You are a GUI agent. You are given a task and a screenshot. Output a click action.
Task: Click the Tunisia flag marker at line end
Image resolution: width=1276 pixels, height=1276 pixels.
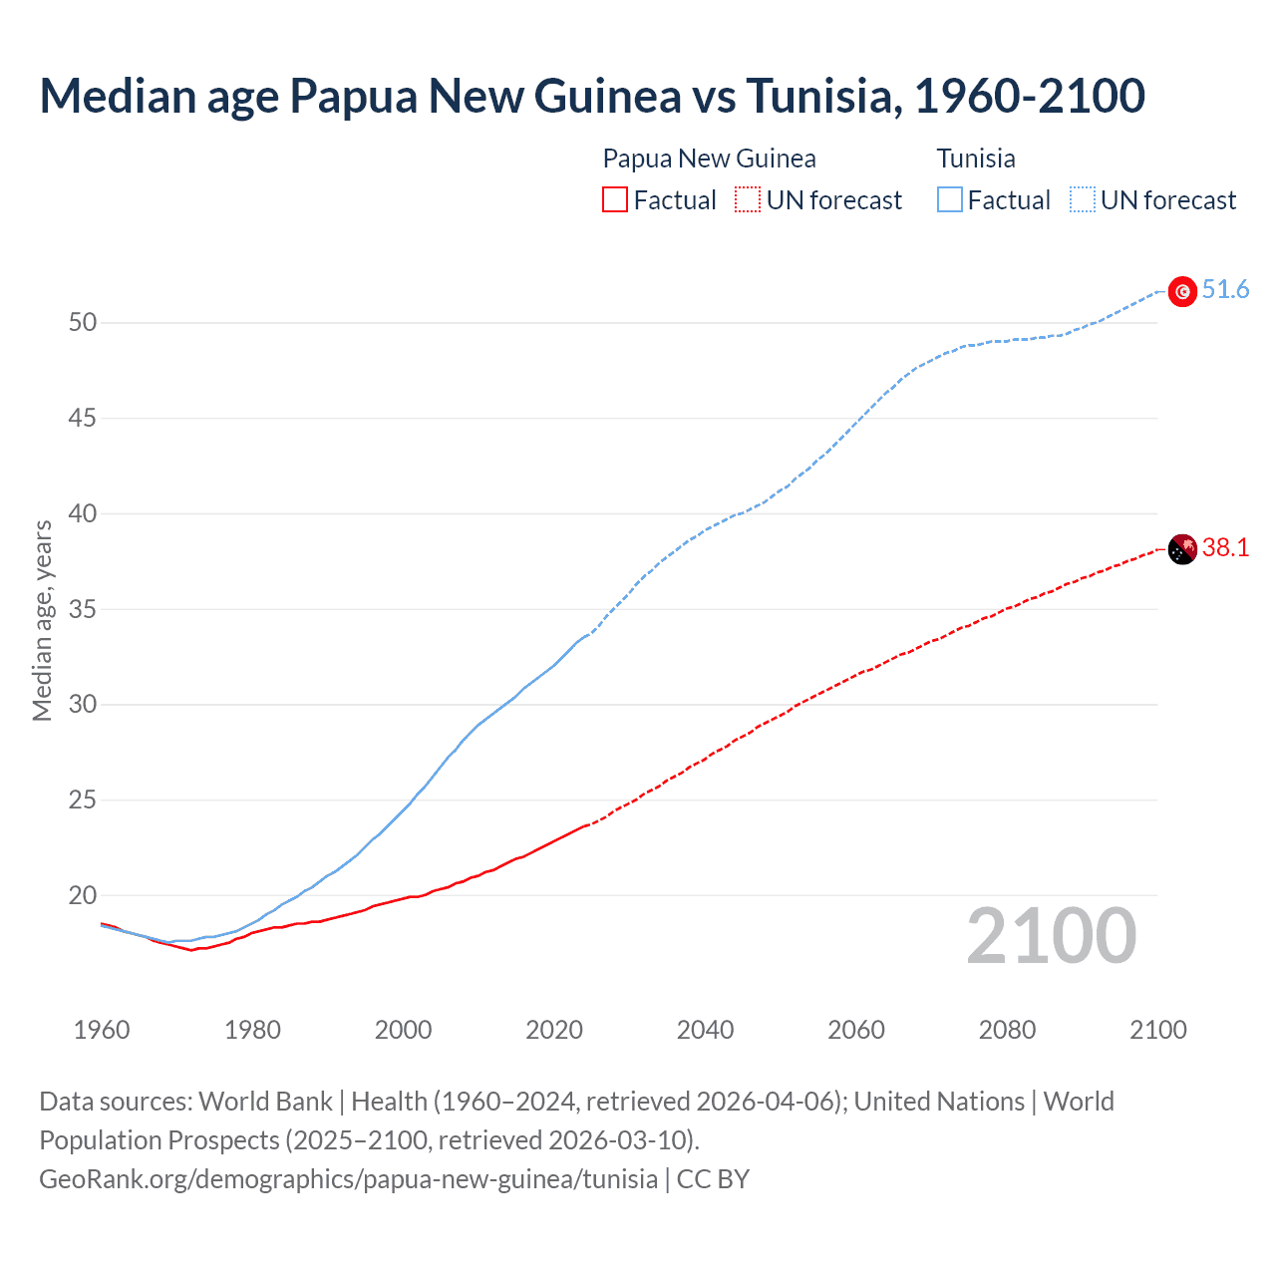[1182, 291]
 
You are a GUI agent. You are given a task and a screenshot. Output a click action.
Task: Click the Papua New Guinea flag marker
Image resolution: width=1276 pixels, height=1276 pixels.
[1182, 549]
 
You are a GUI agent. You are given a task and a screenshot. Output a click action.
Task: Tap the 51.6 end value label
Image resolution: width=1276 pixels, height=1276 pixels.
[1225, 289]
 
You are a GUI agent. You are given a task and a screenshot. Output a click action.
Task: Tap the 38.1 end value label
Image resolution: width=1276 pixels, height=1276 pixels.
[1225, 547]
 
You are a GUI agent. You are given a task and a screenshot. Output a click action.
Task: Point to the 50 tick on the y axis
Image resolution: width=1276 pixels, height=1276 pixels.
[83, 322]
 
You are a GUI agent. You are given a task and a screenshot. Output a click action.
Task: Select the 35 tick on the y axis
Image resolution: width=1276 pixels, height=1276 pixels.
[83, 609]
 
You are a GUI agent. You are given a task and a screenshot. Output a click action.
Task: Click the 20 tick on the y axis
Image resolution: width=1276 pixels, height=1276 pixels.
[83, 895]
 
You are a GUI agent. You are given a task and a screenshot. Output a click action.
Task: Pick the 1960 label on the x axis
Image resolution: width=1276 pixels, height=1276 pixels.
[102, 1030]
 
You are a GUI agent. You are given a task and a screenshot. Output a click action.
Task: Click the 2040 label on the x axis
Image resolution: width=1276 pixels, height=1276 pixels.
[705, 1030]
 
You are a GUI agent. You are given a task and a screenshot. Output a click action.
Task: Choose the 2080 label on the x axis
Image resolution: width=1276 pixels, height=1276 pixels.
[1007, 1030]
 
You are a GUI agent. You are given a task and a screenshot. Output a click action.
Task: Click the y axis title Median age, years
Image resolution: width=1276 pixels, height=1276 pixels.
[42, 620]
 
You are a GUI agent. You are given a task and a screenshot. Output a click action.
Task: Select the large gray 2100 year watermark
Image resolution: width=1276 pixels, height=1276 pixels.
[1051, 935]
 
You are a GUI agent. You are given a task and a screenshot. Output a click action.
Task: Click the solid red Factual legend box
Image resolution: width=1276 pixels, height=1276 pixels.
[615, 199]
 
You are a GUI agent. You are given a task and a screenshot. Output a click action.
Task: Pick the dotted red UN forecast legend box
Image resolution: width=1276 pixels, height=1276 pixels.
[748, 199]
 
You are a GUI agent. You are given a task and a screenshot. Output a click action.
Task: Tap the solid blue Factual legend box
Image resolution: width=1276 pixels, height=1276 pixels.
[950, 199]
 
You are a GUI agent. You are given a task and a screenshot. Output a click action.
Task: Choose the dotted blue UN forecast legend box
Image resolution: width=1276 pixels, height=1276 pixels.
[1083, 199]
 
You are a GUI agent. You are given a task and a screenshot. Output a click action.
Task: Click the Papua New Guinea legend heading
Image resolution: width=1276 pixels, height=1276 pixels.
[709, 159]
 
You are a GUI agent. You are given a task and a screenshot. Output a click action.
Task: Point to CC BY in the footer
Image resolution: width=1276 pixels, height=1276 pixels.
[713, 1179]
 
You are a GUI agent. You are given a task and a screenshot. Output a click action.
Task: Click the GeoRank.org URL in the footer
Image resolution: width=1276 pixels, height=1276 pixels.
[348, 1179]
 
